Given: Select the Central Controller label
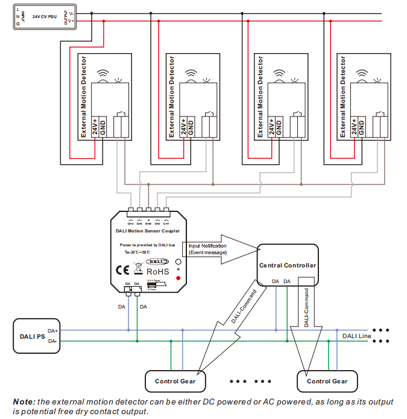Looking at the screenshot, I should [x=287, y=265].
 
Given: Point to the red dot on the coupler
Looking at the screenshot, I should [x=178, y=278].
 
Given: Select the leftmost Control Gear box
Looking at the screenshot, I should [x=175, y=381].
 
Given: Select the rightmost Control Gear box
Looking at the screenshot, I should [x=327, y=381].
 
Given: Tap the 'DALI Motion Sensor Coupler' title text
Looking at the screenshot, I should [x=147, y=231].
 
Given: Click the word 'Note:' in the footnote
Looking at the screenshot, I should [x=24, y=401].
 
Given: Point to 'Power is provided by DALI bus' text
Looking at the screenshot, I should [x=148, y=245].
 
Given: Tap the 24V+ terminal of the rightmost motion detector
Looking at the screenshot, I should [x=353, y=127].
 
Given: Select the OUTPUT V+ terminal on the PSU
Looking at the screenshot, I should [x=71, y=21].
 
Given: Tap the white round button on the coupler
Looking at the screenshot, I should [x=178, y=263].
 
